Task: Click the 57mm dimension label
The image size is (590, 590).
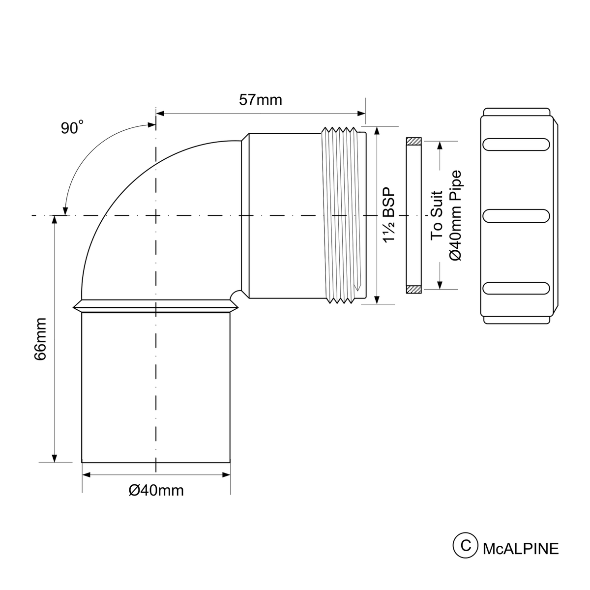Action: click(260, 100)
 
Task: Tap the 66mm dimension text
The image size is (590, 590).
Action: click(40, 339)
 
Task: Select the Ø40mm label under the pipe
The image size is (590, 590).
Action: click(156, 491)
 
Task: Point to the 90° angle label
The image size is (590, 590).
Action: click(72, 127)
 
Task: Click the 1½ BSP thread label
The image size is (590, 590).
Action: click(389, 215)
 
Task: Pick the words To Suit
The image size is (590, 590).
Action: click(437, 215)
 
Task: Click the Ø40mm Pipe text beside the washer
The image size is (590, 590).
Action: click(455, 215)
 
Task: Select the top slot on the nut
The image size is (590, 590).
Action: click(516, 144)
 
